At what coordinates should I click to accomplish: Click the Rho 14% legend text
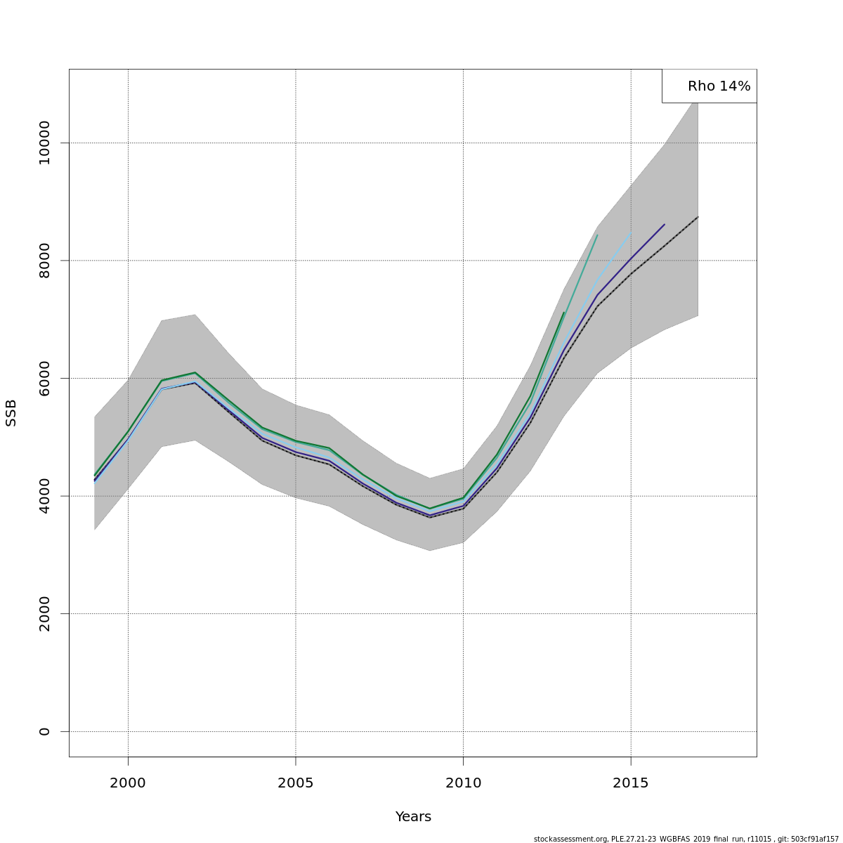tap(719, 86)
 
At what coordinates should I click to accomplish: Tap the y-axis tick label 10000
tap(45, 143)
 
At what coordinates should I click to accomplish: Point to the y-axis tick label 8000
tap(45, 261)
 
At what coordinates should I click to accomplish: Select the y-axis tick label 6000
tap(45, 378)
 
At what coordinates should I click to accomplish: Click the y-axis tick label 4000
tap(45, 496)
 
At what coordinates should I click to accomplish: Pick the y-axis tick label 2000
tap(45, 614)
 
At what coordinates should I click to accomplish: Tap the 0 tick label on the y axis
tap(45, 731)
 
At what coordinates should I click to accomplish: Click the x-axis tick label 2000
tap(128, 783)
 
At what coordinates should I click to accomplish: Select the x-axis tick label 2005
tap(296, 783)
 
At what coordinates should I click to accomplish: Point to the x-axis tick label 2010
tap(463, 783)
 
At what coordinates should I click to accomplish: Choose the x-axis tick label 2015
tap(631, 783)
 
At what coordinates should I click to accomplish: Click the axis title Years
tap(413, 817)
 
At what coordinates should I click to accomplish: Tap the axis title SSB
tap(11, 413)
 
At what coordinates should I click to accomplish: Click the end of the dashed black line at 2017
tap(698, 217)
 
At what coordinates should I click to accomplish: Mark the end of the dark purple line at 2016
tap(664, 225)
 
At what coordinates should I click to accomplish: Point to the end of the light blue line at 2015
tap(631, 233)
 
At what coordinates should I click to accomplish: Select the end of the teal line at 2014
tap(597, 235)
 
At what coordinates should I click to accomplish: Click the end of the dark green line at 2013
tap(563, 313)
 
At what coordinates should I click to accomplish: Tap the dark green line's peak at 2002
tap(195, 372)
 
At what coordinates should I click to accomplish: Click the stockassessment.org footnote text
tap(686, 839)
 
